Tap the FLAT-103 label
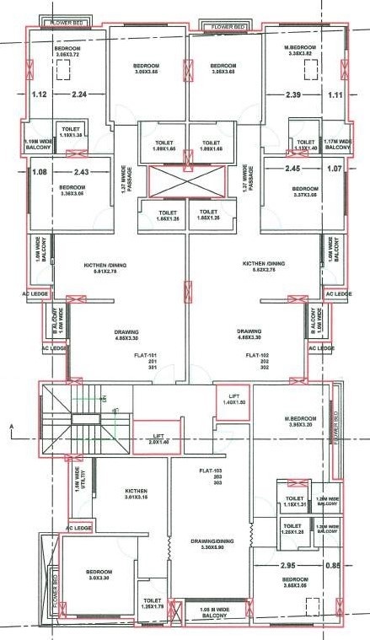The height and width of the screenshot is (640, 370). [x=198, y=471]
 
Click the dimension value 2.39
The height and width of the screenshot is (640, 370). [x=294, y=94]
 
